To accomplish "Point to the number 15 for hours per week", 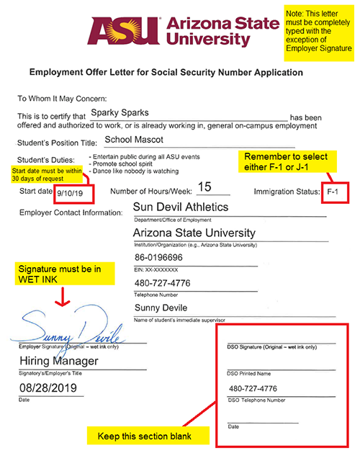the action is (x=204, y=187).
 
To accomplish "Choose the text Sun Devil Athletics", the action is (x=181, y=207).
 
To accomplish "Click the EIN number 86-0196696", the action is (x=160, y=257).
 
